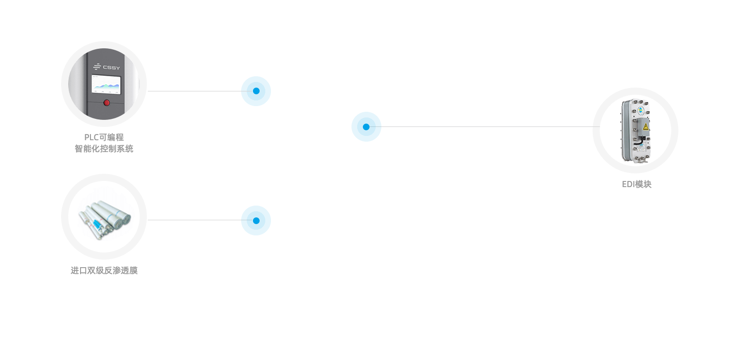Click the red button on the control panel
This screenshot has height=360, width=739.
pos(107,102)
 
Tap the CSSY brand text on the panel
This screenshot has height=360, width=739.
pos(112,67)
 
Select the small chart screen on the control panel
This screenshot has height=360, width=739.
pos(106,85)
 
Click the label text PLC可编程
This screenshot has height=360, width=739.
pos(104,137)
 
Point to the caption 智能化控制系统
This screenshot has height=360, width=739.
pos(104,149)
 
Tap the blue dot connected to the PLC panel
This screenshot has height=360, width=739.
pos(256,91)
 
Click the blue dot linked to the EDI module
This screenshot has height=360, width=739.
pos(366,126)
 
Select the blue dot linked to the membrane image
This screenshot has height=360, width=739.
pos(256,220)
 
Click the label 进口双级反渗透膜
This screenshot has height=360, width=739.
pos(104,271)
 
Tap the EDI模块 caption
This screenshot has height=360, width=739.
pos(637,184)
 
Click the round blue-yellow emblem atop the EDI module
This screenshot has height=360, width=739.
pos(640,111)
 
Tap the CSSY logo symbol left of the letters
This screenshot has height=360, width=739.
pos(97,67)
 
